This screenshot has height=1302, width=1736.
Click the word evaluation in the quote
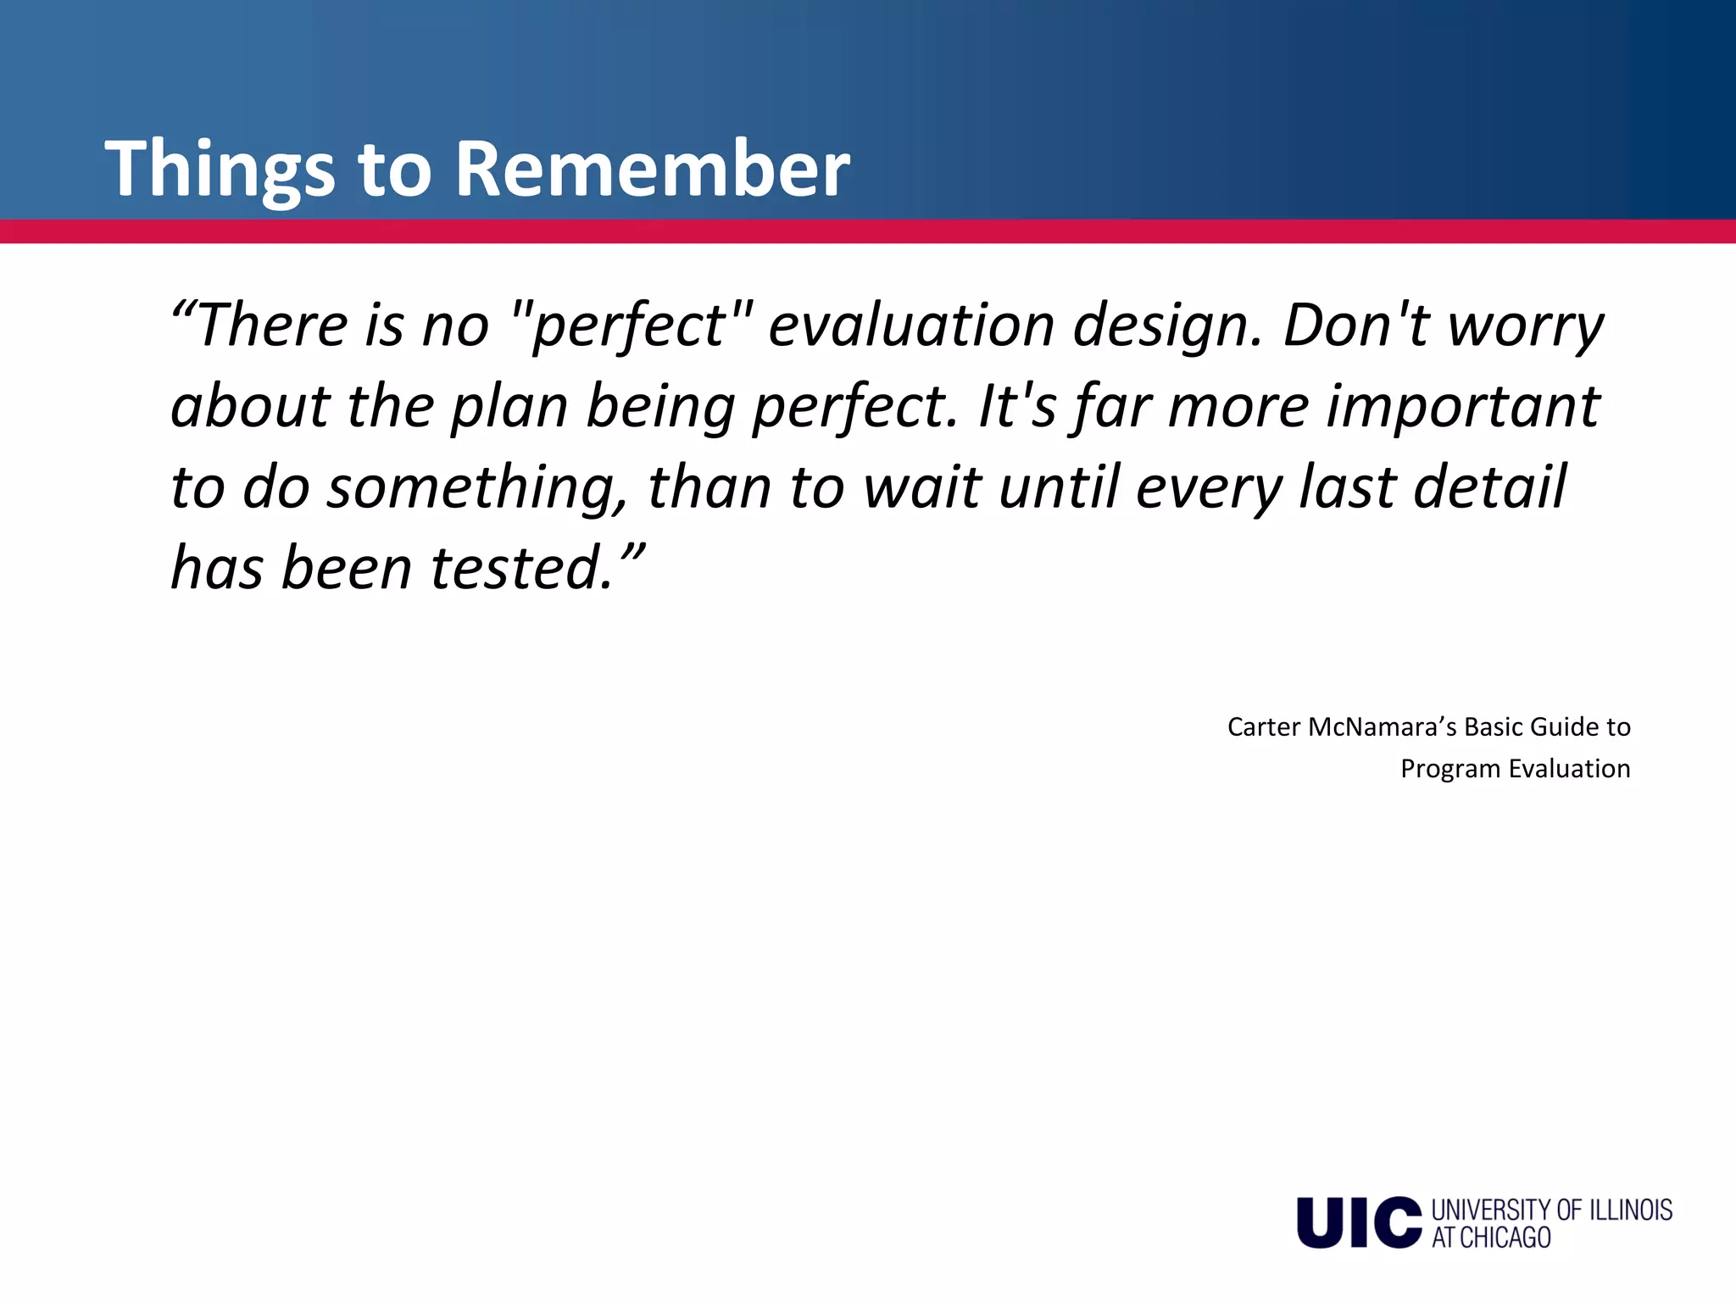pyautogui.click(x=910, y=326)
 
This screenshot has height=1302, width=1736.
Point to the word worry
pyautogui.click(x=1525, y=326)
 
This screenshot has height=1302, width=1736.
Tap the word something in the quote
pyautogui.click(x=479, y=489)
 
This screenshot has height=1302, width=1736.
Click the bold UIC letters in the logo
pyautogui.click(x=1358, y=1222)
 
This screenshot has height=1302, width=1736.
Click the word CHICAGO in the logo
pyautogui.click(x=1505, y=1238)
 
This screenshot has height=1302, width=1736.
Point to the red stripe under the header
pyautogui.click(x=868, y=231)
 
